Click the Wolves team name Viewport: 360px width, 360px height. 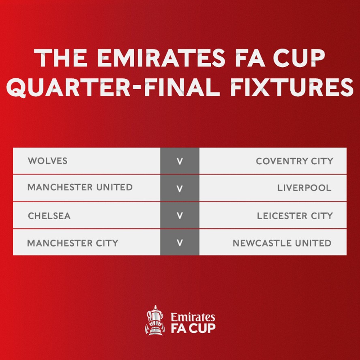click(47, 161)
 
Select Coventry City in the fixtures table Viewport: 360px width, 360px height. click(294, 161)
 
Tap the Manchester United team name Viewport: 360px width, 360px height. click(80, 187)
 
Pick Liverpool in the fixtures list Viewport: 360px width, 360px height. click(304, 188)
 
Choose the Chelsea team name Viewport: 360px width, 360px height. click(49, 216)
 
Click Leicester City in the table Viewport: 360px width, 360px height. click(295, 216)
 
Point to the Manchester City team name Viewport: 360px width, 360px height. click(73, 243)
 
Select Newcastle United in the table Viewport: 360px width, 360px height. click(282, 243)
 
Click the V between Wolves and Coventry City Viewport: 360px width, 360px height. click(180, 161)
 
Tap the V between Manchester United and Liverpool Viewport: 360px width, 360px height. click(180, 189)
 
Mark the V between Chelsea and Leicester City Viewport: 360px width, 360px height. click(180, 216)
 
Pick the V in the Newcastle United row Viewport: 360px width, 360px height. click(180, 243)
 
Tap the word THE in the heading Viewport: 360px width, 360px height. click(62, 59)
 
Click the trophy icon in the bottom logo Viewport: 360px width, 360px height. click(154, 320)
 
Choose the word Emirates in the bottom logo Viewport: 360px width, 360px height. click(193, 317)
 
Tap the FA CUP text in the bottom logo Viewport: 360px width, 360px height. click(193, 328)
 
